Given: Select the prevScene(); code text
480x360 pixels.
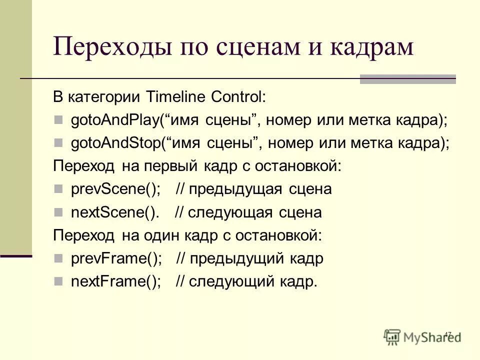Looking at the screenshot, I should click(116, 189).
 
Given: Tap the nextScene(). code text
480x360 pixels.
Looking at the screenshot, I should click(115, 212).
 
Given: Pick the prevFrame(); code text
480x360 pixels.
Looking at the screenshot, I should click(116, 258).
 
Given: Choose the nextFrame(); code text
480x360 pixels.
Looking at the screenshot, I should click(116, 281).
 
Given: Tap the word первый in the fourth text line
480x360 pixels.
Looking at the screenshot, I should click(171, 166).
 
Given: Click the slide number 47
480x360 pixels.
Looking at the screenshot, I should click(447, 334).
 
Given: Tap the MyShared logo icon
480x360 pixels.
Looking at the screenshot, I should click(393, 336).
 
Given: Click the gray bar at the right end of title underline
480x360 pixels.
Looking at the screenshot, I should click(408, 79).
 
